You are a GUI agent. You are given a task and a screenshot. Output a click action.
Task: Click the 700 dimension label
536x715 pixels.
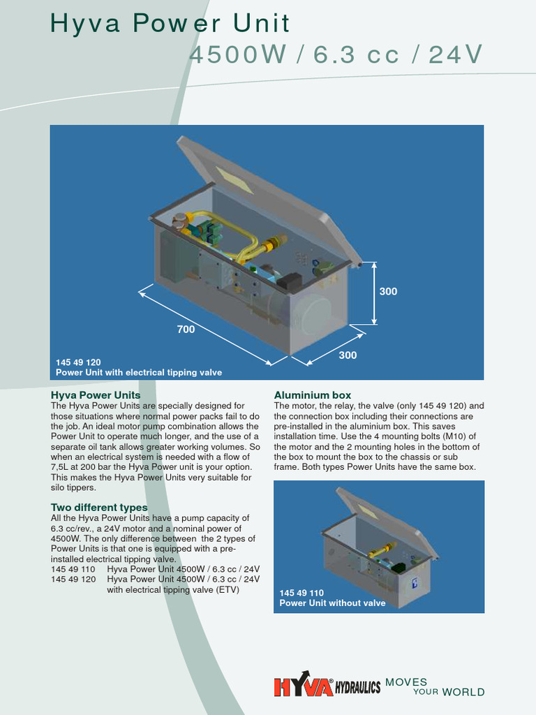pos(186,329)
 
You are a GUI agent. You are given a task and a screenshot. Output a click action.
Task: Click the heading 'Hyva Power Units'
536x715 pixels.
pos(96,395)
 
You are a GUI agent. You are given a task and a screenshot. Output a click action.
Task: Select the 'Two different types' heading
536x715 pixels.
pos(99,507)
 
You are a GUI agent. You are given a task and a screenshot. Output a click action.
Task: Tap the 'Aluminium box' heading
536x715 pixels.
pos(312,395)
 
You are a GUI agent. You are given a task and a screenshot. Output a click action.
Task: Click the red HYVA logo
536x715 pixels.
pos(303,687)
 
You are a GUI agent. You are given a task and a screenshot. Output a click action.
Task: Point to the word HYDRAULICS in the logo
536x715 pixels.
pos(358,688)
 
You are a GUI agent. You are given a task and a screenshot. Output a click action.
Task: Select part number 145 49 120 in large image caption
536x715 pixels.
pos(78,362)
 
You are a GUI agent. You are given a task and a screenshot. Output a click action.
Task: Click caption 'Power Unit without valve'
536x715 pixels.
pos(332,603)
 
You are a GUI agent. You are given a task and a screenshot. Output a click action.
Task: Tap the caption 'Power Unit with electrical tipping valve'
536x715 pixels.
pos(139,372)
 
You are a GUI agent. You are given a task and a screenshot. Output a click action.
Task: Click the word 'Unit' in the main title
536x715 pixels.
pos(263,24)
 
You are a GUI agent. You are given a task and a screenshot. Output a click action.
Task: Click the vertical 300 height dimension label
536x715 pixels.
pos(388,291)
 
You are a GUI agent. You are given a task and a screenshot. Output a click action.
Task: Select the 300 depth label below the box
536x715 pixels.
pos(348,355)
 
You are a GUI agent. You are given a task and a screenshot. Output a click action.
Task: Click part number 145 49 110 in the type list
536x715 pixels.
pos(73,569)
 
